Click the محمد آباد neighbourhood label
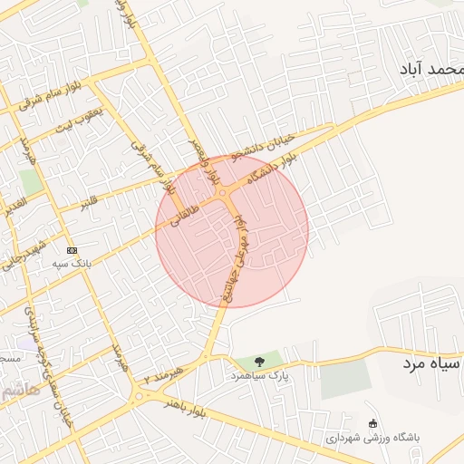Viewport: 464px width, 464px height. click(431, 69)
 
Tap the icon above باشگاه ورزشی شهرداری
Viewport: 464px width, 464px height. click(372, 423)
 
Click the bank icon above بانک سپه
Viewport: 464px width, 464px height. click(72, 250)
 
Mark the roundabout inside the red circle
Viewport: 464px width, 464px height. click(222, 192)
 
